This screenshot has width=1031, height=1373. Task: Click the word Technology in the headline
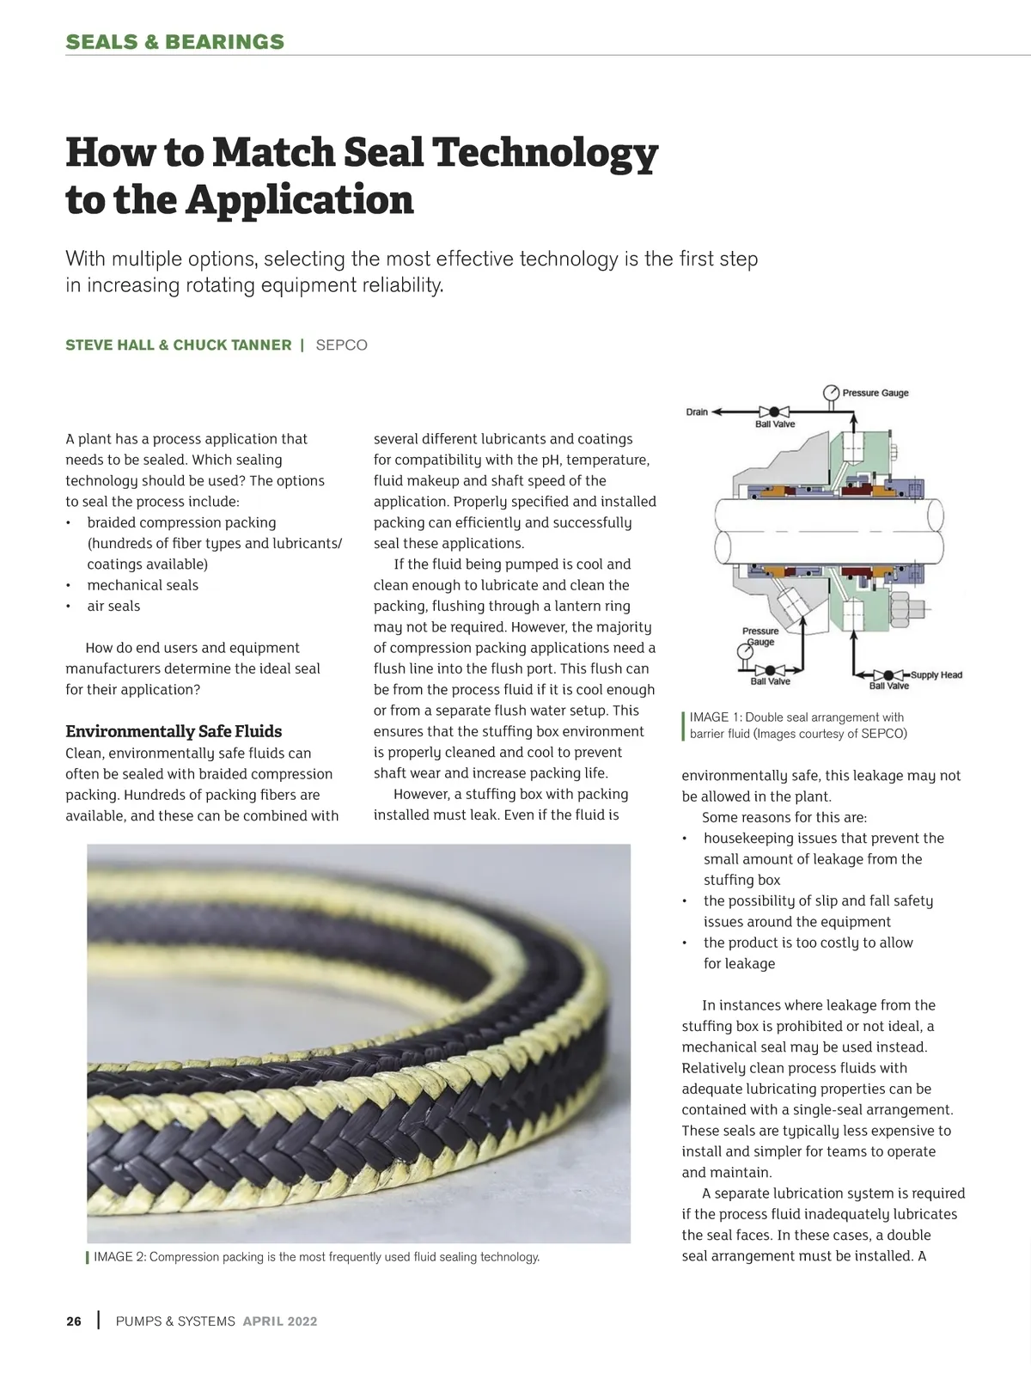pos(544,154)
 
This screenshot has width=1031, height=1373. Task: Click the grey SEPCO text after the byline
pos(341,345)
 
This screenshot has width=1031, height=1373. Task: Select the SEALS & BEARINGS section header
pos(174,42)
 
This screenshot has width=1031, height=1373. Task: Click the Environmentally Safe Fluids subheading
pos(174,731)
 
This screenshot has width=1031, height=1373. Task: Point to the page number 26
pos(74,1321)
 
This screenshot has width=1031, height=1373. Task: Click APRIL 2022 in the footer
pos(280,1321)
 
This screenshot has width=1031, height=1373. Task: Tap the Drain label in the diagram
pos(697,412)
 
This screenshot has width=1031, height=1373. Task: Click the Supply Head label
pos(936,675)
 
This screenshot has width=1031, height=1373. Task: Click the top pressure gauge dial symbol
pos(831,393)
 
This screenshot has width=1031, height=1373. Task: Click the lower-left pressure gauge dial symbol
pos(745,652)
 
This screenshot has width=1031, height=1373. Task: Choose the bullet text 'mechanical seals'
pos(142,585)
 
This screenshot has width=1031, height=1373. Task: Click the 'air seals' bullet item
pos(113,606)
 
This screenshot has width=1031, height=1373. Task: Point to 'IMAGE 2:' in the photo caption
pos(119,1257)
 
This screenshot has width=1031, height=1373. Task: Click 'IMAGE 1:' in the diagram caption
pos(716,717)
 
